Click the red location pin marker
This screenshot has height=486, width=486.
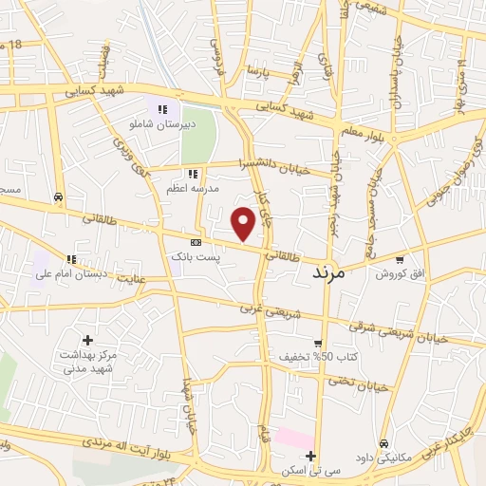tap(244, 224)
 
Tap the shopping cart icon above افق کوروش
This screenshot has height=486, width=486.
tap(400, 259)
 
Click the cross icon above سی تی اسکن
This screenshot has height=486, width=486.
tap(309, 457)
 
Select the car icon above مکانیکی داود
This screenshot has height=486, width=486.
tap(383, 443)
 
